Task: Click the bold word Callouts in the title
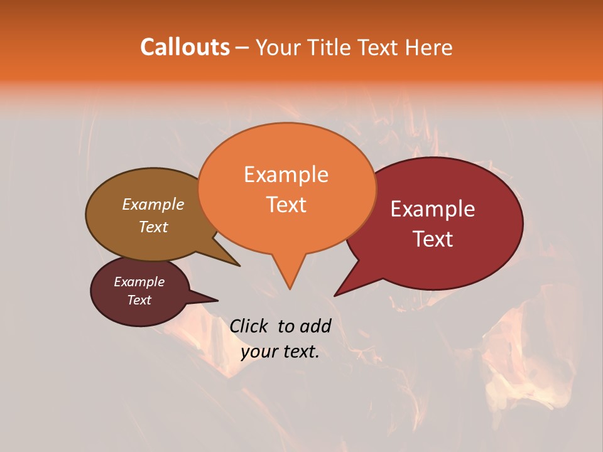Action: (185, 47)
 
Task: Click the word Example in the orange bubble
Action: (286, 175)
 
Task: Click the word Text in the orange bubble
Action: (286, 205)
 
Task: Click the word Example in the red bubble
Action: (433, 209)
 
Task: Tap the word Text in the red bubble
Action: (433, 239)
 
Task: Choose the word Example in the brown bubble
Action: (153, 204)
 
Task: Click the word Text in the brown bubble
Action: (153, 227)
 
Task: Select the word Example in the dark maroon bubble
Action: (139, 282)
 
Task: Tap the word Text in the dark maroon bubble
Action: (139, 300)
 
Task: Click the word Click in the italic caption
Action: (249, 326)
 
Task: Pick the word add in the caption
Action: (315, 326)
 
